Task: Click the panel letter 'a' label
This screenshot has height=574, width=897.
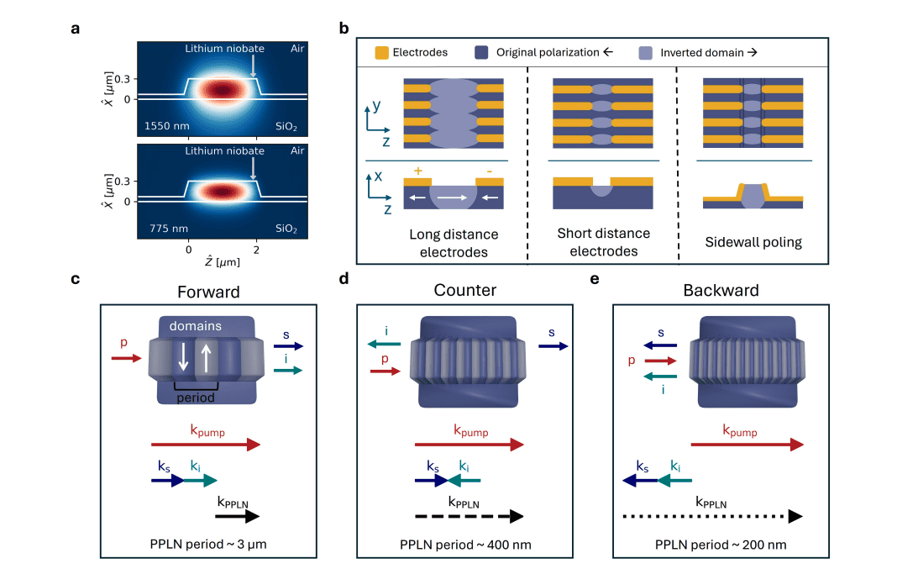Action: click(76, 28)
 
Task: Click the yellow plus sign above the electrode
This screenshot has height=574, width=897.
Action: click(417, 170)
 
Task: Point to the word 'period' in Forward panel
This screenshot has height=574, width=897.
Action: click(196, 398)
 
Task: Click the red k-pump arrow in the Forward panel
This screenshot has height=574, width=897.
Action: click(206, 445)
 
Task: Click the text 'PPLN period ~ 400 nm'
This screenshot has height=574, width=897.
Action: click(464, 545)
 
